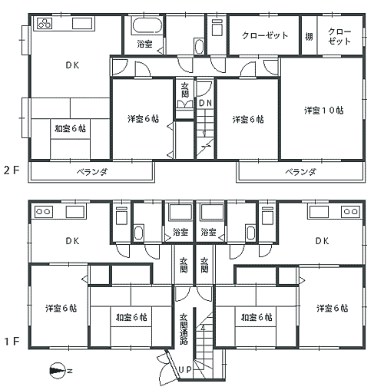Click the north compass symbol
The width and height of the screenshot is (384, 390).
point(58,371)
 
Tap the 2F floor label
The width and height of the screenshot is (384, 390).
point(12,170)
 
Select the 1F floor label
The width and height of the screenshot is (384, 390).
point(12,341)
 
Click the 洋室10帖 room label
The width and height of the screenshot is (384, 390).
point(324,111)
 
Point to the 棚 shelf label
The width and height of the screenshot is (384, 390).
point(309,37)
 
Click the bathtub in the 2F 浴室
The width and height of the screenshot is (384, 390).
point(147,25)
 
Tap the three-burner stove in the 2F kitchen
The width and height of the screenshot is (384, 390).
point(45,24)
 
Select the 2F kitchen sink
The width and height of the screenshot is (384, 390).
point(82,24)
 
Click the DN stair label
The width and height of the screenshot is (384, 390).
point(206,103)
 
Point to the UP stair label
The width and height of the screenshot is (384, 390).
point(185,369)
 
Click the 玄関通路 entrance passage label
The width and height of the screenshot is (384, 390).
point(184,329)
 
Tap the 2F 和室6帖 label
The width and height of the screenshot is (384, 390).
point(70,128)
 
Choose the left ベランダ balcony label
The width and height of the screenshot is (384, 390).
point(92,172)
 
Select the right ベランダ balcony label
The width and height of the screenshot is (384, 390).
point(300,172)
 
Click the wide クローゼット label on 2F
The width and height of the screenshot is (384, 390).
point(265,35)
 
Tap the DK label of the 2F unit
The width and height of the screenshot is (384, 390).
point(72,65)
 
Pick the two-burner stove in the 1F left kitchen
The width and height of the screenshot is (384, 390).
point(43,212)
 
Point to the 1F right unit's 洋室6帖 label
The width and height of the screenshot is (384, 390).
point(332,308)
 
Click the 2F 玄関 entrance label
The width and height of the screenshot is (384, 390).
point(185,90)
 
